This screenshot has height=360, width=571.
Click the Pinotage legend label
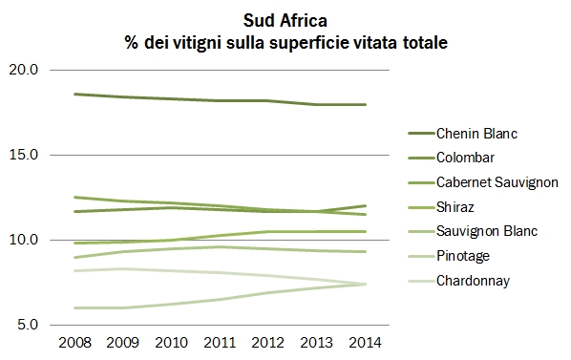point(462,257)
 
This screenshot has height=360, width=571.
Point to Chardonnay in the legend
point(471,282)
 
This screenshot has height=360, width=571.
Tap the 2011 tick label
point(220,343)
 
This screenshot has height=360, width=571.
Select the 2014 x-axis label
point(366,343)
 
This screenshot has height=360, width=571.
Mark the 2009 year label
point(122,343)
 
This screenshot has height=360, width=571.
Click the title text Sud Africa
point(285,19)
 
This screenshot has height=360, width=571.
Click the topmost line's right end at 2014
point(366,105)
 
